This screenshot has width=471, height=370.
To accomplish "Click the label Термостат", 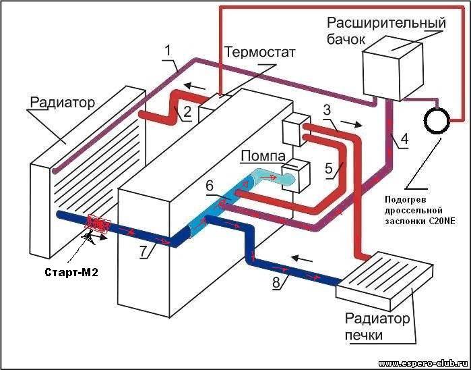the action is pyautogui.click(x=260, y=52).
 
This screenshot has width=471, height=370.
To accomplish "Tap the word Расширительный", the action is pyautogui.click(x=386, y=24).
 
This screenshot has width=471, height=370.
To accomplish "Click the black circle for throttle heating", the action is pyautogui.click(x=437, y=120).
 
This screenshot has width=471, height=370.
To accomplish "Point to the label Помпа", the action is pyautogui.click(x=263, y=157).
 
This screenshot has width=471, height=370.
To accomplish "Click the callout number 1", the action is pyautogui.click(x=168, y=50).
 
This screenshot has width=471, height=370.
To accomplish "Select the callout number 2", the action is pyautogui.click(x=187, y=111).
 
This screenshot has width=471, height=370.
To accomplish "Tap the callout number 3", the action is pyautogui.click(x=327, y=110).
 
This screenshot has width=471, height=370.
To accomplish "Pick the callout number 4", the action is pyautogui.click(x=404, y=139).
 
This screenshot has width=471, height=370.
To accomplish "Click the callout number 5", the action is pyautogui.click(x=329, y=169).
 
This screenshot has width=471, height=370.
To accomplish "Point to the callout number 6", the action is pyautogui.click(x=210, y=186).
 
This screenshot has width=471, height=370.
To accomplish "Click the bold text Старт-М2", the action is pyautogui.click(x=71, y=273).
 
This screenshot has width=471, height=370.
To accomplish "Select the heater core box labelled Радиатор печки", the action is pyautogui.click(x=385, y=281).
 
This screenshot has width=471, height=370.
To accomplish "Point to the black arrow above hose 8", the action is pyautogui.click(x=302, y=258).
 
